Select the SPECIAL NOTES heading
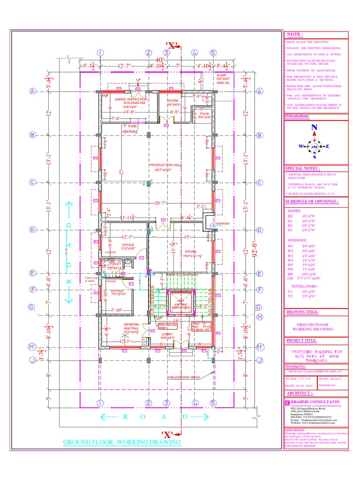point(303,168)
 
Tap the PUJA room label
point(203,115)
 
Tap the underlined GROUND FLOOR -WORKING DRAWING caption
point(121,442)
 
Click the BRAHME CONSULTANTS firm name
point(319,402)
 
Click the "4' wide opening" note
point(130,128)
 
